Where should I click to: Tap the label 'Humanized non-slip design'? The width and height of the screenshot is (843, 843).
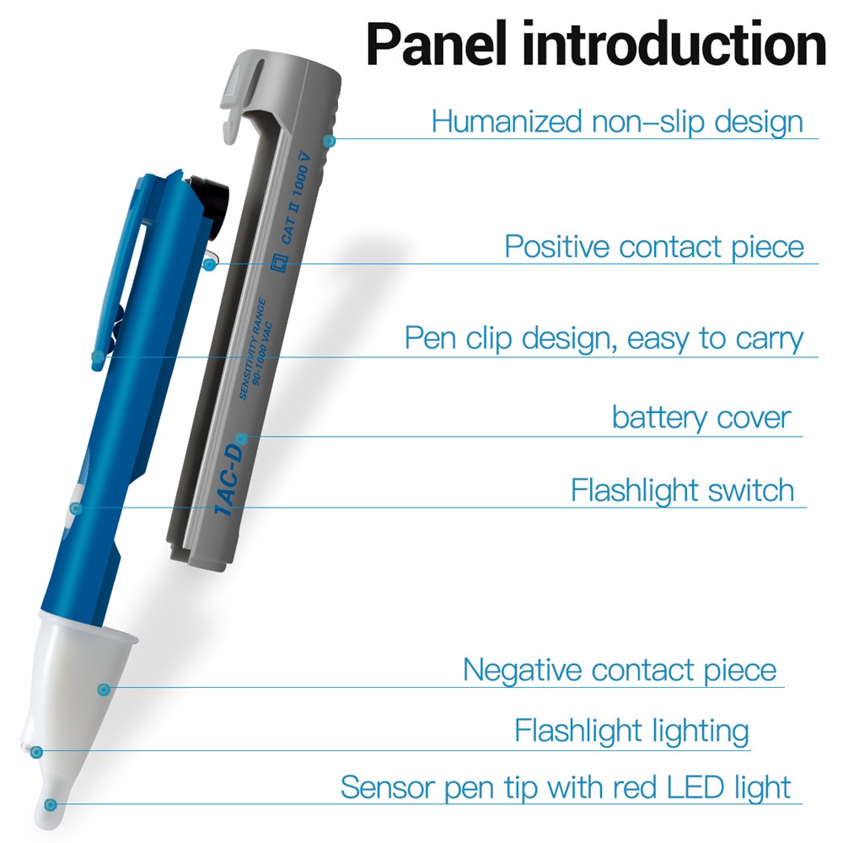[617, 121]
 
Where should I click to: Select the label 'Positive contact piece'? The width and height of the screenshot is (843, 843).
[654, 247]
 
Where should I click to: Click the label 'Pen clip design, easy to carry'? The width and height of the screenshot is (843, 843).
[604, 339]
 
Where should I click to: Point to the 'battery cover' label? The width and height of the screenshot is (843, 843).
[701, 418]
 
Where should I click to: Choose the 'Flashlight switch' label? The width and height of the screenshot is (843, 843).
[682, 490]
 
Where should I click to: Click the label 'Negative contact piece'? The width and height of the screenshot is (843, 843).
[620, 670]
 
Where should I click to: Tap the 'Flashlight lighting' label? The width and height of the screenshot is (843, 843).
[631, 731]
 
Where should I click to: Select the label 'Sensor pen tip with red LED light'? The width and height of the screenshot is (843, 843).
[566, 787]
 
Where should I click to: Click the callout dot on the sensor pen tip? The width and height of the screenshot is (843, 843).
[51, 805]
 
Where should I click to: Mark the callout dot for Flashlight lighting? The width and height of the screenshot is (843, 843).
[36, 752]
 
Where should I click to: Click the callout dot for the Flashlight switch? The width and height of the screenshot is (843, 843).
[76, 508]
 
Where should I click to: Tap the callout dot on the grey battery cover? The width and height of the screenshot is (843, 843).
[242, 438]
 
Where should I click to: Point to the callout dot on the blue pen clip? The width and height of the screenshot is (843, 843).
[97, 357]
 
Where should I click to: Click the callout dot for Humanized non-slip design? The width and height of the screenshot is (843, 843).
[330, 141]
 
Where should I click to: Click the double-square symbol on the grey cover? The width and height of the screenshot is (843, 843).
[279, 263]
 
